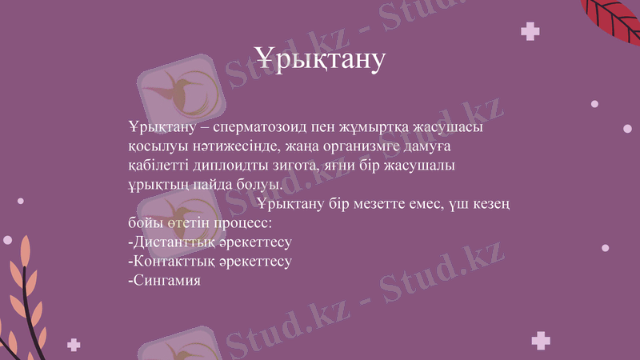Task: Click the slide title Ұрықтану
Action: [x=320, y=58]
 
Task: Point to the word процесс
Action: [x=243, y=222]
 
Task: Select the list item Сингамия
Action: [x=163, y=280]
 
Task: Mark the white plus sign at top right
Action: [x=530, y=32]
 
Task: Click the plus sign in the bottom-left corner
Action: [x=74, y=344]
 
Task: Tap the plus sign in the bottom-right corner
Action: [x=541, y=341]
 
